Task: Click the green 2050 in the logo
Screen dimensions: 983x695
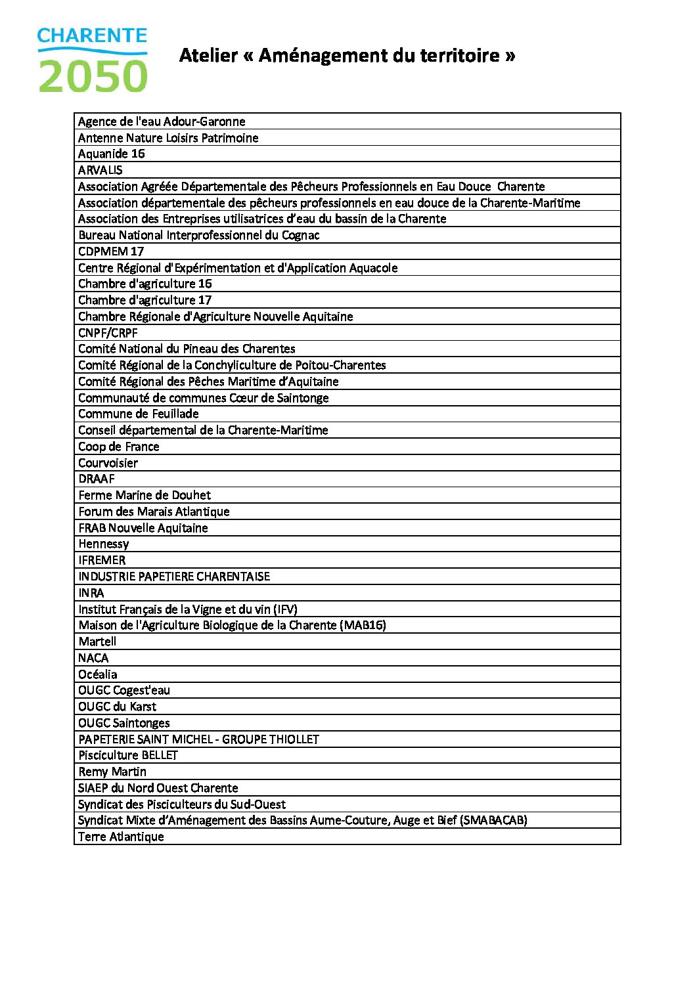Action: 93,76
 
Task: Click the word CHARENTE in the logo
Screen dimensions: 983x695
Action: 92,36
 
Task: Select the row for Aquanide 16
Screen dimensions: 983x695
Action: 111,154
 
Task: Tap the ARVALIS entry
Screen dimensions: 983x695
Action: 100,170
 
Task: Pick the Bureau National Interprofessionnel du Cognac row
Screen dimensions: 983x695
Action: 198,235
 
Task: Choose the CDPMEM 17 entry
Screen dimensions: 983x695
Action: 110,251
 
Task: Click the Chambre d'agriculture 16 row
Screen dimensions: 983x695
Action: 145,284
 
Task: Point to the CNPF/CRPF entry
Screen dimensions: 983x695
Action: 108,333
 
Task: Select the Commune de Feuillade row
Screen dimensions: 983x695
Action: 138,414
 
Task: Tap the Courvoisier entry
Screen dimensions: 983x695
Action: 108,463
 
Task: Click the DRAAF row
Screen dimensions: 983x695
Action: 96,479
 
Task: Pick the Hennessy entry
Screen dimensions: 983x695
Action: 103,544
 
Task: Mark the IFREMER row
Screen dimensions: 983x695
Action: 102,560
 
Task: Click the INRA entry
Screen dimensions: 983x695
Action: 91,593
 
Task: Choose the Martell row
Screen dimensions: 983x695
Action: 97,642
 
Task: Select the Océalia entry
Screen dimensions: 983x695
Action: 97,674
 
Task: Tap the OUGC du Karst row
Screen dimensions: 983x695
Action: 117,707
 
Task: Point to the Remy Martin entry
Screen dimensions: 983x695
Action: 112,772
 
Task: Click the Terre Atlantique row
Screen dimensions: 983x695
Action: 121,837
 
